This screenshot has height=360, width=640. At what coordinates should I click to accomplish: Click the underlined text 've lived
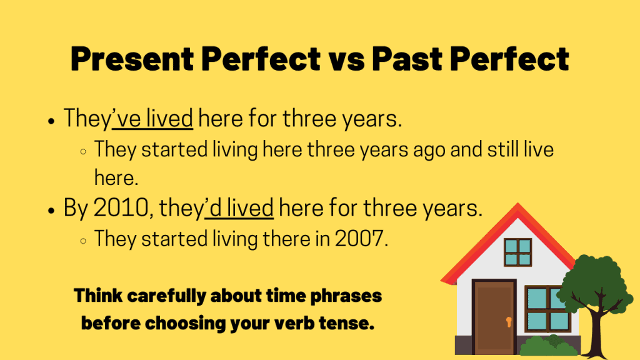[x=152, y=119]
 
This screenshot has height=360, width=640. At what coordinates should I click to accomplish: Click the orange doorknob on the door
[x=509, y=322]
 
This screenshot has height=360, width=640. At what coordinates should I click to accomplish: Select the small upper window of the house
[x=517, y=252]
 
